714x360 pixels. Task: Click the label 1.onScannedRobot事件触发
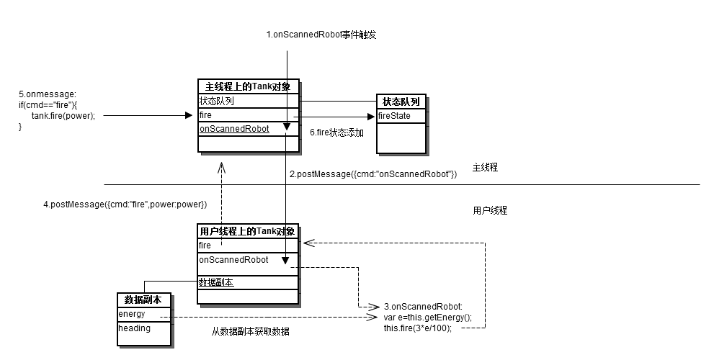pos(321,35)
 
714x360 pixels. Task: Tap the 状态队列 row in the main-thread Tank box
pos(216,101)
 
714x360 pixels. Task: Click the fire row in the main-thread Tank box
pos(205,115)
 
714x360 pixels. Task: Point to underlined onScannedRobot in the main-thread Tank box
pos(233,129)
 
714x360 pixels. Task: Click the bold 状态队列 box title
pos(401,102)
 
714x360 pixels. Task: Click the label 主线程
pos(485,168)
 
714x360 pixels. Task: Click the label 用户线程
pos(490,211)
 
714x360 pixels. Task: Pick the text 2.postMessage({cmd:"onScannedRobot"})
pos(373,174)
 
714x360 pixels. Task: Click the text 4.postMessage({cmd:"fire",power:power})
pos(125,204)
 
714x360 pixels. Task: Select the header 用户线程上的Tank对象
pos(246,231)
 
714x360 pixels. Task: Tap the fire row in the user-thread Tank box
pos(205,246)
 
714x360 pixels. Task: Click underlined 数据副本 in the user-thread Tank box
pos(216,282)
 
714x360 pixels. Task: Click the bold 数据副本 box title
pos(143,300)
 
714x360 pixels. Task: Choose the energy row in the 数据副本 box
pos(132,314)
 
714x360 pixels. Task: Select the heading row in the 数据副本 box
pos(135,328)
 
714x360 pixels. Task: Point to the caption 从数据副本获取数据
pos(250,332)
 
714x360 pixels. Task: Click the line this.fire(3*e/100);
pos(418,328)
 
